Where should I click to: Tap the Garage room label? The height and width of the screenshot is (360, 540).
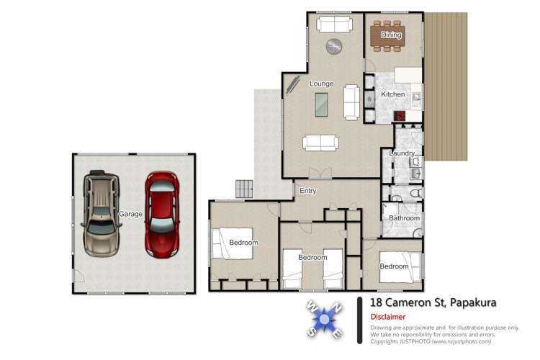pyautogui.click(x=131, y=214)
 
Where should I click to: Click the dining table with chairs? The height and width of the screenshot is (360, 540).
pyautogui.click(x=387, y=35)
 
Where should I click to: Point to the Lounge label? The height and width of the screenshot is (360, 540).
pyautogui.click(x=321, y=84)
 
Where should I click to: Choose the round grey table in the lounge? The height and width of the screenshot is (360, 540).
pyautogui.click(x=334, y=47)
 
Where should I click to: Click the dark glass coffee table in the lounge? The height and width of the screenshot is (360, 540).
pyautogui.click(x=321, y=105)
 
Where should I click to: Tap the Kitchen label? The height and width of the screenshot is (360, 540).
pyautogui.click(x=392, y=94)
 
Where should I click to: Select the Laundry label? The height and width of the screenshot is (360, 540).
pyautogui.click(x=402, y=153)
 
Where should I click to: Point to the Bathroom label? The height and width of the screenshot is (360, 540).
pyautogui.click(x=404, y=218)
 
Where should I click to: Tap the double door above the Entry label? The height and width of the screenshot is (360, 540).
pyautogui.click(x=319, y=173)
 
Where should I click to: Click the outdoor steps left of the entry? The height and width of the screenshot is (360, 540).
pyautogui.click(x=245, y=189)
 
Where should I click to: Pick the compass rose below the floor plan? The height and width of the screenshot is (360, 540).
pyautogui.click(x=324, y=318)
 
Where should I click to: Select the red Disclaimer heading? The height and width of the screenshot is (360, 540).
pyautogui.click(x=388, y=317)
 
